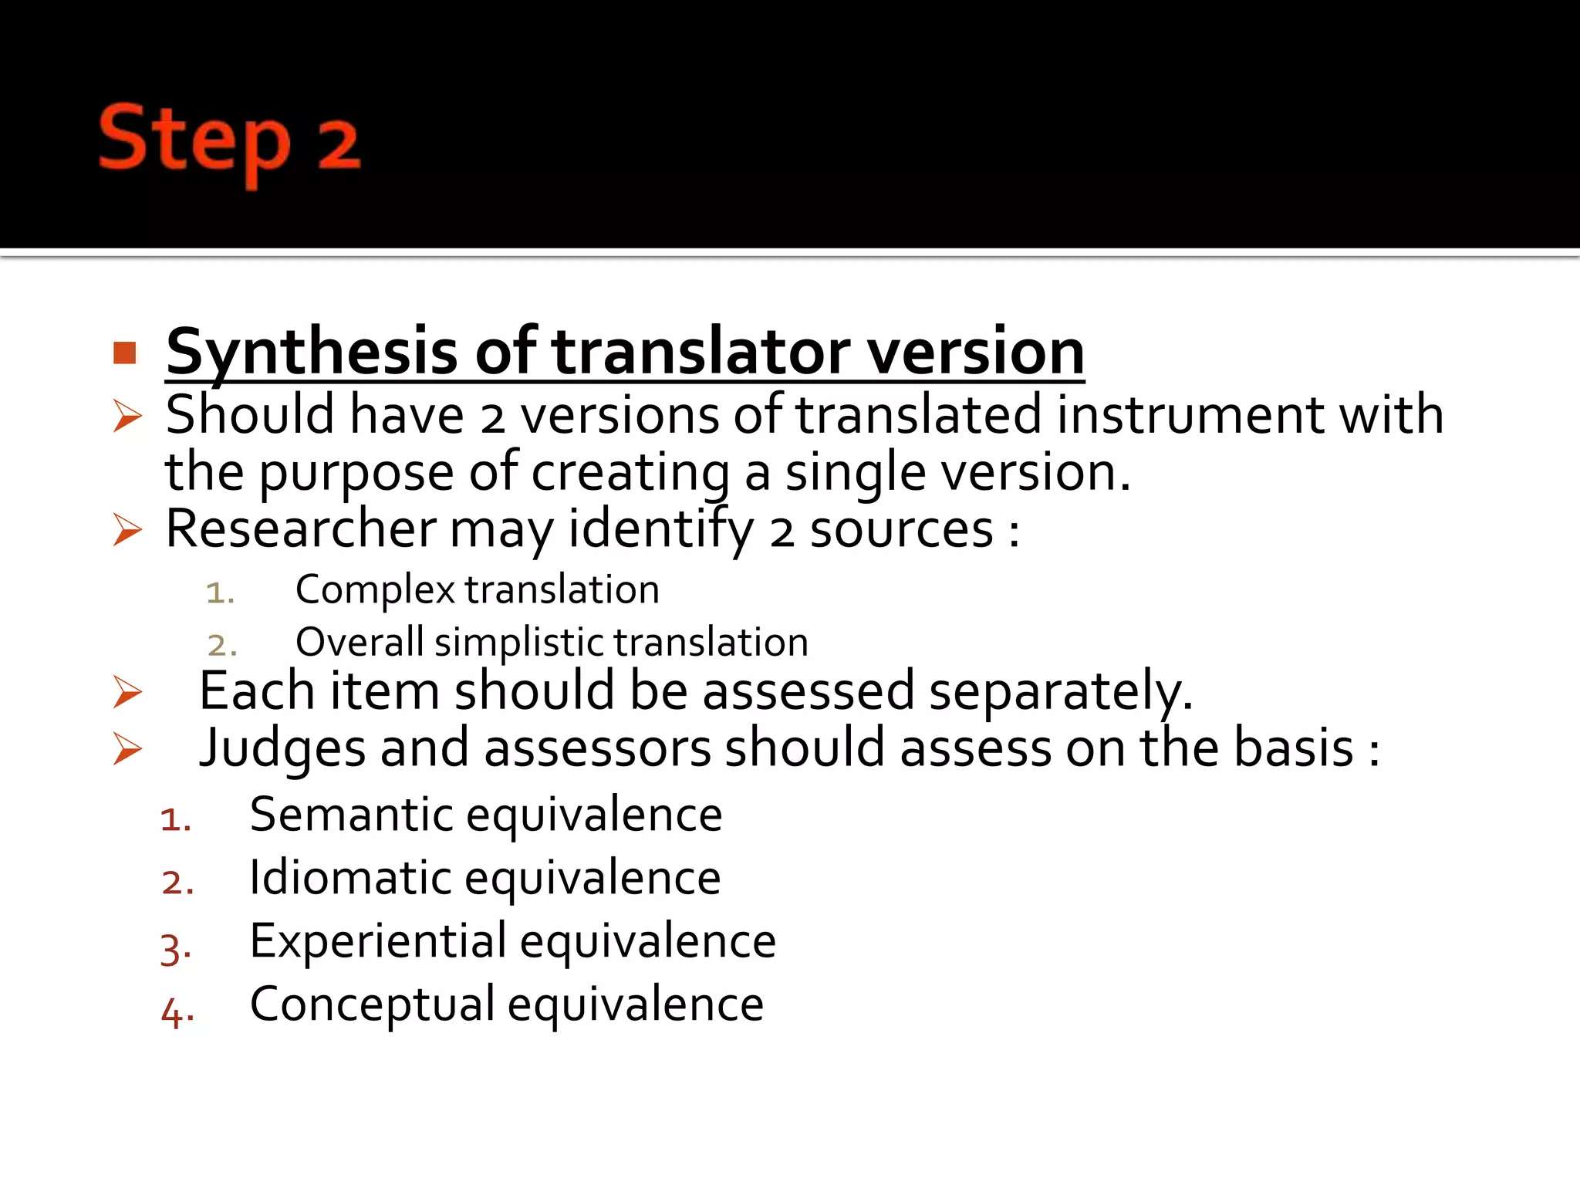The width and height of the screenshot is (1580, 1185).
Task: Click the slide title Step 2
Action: click(229, 142)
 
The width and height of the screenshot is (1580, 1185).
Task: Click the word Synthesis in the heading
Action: click(312, 353)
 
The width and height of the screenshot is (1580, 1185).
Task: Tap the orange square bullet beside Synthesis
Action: click(124, 353)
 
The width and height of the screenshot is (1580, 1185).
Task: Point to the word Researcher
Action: click(301, 530)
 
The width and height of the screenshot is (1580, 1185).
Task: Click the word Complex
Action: click(375, 591)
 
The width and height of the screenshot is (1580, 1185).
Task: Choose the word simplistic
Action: click(522, 643)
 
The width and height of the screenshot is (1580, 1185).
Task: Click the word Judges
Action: click(282, 749)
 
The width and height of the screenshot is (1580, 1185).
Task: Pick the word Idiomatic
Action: click(351, 878)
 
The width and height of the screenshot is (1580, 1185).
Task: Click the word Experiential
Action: click(378, 941)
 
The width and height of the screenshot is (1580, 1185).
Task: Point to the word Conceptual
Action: click(373, 1004)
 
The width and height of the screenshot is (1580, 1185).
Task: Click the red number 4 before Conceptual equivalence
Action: click(172, 1012)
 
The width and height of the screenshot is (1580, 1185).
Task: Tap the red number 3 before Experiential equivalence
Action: click(172, 948)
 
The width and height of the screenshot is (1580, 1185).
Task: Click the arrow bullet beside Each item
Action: click(127, 691)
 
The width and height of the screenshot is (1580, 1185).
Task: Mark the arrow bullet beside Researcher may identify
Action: click(127, 530)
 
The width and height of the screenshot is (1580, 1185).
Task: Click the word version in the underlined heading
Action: click(976, 353)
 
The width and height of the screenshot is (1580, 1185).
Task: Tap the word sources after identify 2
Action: click(901, 530)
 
